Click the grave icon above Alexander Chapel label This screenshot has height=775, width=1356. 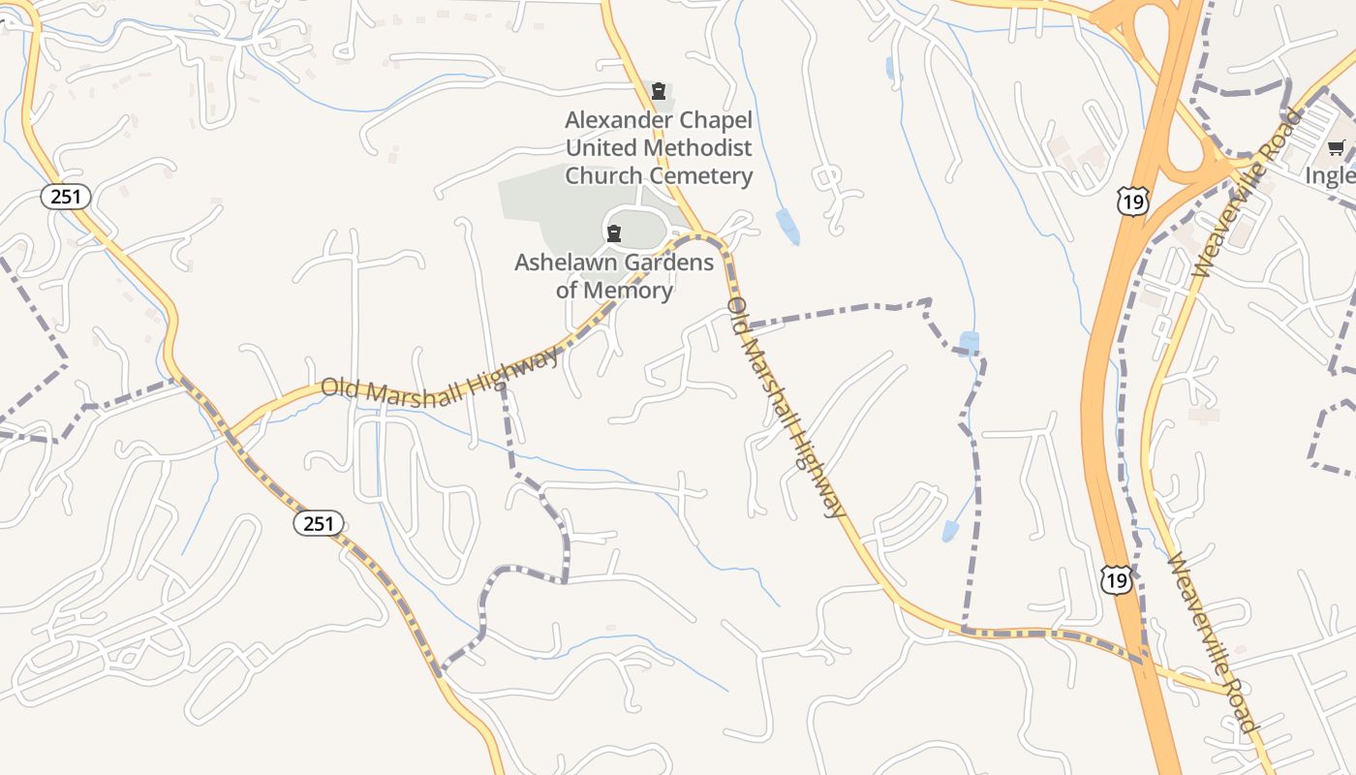coord(659,92)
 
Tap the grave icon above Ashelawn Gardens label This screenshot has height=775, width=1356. coord(613,232)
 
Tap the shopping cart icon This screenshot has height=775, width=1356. coord(1337,148)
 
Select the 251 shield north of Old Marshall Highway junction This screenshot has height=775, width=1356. coord(66,197)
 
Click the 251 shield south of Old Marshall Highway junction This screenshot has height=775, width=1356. coord(319,524)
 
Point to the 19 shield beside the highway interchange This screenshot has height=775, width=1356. coord(1130,201)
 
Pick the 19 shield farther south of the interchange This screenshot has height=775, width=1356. coord(1116,580)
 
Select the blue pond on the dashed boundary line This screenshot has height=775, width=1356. coord(968,343)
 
